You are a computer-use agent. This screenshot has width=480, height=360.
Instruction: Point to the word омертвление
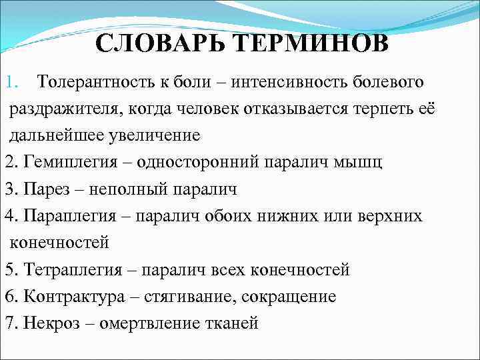142,323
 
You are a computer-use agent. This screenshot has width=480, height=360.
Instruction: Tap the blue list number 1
10,83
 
